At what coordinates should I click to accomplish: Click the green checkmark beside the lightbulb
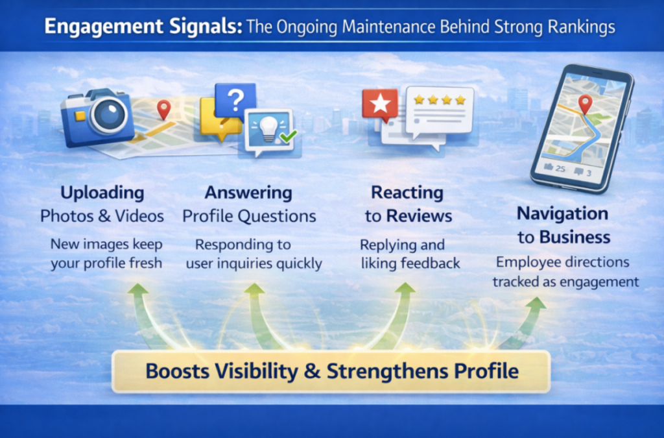(287, 136)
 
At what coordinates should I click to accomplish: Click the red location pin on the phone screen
(586, 103)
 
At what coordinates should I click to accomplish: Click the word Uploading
(102, 193)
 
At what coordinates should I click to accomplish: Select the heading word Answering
(248, 193)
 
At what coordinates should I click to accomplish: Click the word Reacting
(407, 193)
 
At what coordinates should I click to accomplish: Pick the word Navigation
(562, 213)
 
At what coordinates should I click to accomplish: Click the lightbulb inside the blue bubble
(268, 127)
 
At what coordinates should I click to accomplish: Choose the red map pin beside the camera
(163, 109)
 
